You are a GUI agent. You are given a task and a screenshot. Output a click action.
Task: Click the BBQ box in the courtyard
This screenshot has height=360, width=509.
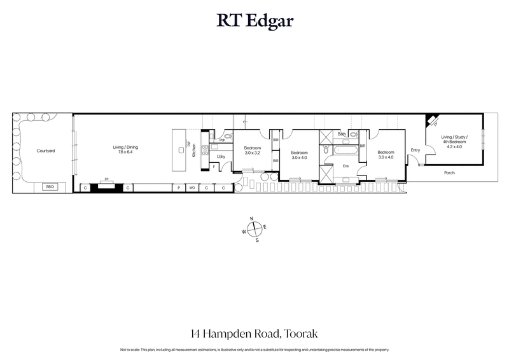tap(49, 187)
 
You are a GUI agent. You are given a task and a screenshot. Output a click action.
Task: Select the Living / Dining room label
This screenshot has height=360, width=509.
tap(125, 148)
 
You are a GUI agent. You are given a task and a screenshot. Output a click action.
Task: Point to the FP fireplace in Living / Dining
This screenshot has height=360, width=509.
tap(107, 182)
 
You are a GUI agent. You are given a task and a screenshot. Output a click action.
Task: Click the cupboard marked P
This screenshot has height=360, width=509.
tap(179, 188)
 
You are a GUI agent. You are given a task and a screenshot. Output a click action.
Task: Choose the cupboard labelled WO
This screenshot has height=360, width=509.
tap(192, 188)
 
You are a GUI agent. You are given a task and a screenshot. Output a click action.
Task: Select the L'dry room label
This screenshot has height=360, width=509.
tap(221, 156)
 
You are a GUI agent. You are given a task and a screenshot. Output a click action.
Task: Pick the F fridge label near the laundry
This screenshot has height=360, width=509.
tap(214, 167)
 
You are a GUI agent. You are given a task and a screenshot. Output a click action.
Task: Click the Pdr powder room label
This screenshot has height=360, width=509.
tap(222, 140)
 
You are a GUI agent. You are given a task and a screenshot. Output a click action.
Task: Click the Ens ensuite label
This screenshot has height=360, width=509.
tap(346, 166)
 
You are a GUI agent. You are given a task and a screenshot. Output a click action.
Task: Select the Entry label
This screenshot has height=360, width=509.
tap(415, 150)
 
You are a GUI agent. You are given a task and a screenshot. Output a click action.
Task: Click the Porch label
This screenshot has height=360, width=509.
tap(449, 172)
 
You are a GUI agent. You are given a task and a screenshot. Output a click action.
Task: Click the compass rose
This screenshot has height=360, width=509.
tap(254, 229)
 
